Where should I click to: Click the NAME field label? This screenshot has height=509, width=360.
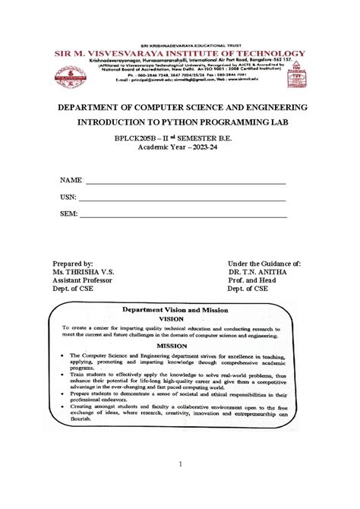pos(71,181)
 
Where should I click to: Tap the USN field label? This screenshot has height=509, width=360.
pos(69,198)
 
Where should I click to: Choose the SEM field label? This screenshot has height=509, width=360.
pos(69,214)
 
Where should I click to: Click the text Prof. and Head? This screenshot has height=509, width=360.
pos(252,280)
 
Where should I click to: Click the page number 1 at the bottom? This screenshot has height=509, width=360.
pos(181,463)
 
